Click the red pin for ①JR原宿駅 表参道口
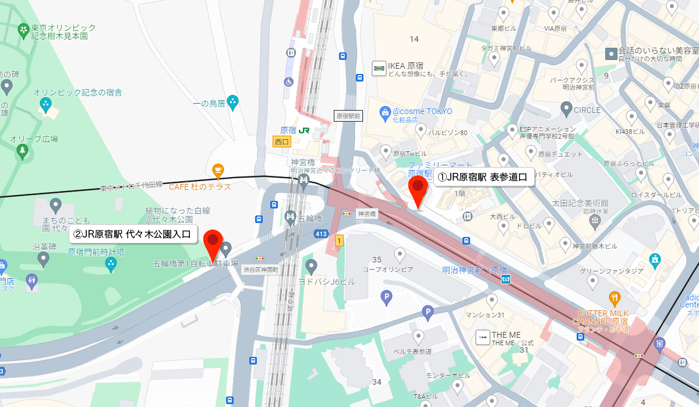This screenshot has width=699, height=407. point(418,188)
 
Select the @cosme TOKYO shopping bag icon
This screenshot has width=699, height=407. point(384,111)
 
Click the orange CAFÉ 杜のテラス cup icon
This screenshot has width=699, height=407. point(218,171)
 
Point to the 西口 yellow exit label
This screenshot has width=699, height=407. point(281,141)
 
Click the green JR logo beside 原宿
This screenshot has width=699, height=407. point(304,130)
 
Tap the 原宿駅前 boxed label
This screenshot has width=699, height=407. point(348,116)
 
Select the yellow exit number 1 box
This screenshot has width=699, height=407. point(340,240)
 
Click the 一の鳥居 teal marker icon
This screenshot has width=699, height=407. point(233,102)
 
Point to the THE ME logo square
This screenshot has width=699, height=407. point(483,338)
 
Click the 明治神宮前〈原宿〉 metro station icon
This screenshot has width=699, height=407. point(506,279)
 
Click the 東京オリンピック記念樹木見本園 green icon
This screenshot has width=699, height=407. point(23,29)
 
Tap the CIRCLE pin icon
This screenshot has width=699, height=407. point(566,108)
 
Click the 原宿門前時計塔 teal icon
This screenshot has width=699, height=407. point(111,265)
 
